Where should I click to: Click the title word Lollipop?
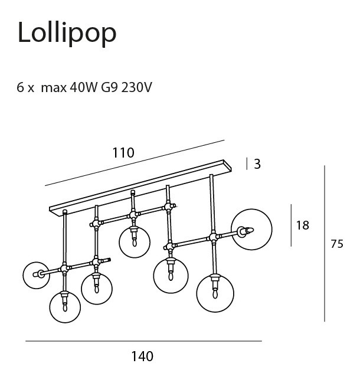tap(67, 32)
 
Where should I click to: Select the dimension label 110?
tap(123, 153)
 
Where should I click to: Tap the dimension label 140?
tap(142, 356)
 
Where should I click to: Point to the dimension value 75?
tap(336, 244)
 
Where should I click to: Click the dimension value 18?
tap(302, 225)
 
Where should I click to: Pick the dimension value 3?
tap(257, 164)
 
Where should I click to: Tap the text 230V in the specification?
tap(137, 88)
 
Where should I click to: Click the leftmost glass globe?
tap(35, 274)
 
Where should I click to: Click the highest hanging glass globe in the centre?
tap(135, 241)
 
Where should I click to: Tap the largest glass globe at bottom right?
tap(215, 293)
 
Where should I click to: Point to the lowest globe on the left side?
tap(64, 307)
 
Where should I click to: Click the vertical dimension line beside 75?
tap(325, 243)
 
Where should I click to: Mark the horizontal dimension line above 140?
tap(143, 341)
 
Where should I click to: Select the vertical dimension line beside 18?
tap(290, 225)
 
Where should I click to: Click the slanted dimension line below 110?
tap(135, 163)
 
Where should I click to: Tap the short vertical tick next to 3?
tap(247, 163)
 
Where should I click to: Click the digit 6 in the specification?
tap(21, 88)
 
